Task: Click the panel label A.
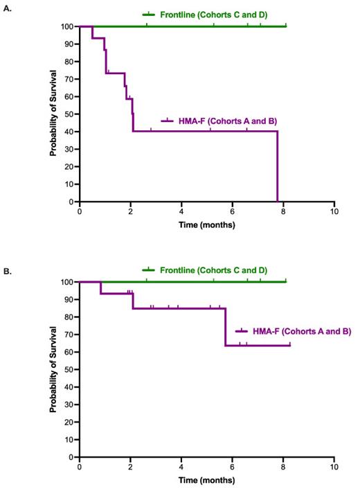(8, 8)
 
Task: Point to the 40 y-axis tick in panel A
(69, 132)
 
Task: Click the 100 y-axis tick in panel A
(68, 26)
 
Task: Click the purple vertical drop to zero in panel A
(278, 166)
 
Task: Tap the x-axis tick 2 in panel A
(131, 212)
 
